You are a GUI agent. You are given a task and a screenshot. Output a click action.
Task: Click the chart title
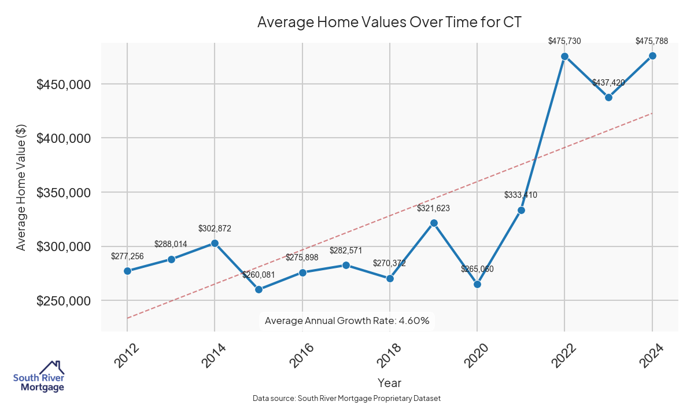pyautogui.click(x=389, y=23)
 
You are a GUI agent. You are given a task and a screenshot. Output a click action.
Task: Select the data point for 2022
pyautogui.click(x=564, y=56)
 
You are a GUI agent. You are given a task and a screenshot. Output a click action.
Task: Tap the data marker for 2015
pyautogui.click(x=259, y=289)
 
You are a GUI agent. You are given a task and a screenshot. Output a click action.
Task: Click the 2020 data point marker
pyautogui.click(x=477, y=284)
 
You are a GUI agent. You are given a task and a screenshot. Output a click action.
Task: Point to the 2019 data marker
pyautogui.click(x=434, y=223)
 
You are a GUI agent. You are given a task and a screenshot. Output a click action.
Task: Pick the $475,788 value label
pyautogui.click(x=652, y=41)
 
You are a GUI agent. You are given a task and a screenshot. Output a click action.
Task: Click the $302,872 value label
pyautogui.click(x=215, y=229)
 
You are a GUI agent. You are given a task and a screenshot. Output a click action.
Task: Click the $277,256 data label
pyautogui.click(x=127, y=256)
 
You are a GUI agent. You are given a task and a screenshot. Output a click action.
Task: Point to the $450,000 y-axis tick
pyautogui.click(x=64, y=84)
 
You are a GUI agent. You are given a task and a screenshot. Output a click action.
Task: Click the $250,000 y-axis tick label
pyautogui.click(x=64, y=301)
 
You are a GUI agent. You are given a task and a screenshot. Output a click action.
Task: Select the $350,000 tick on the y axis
pyautogui.click(x=64, y=193)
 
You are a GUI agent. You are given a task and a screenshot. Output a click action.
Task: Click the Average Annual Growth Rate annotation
pyautogui.click(x=347, y=321)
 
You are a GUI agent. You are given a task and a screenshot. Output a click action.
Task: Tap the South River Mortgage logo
pyautogui.click(x=39, y=376)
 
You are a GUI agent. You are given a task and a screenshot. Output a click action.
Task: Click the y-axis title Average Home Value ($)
pyautogui.click(x=21, y=187)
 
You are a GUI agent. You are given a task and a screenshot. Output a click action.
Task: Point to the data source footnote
pyautogui.click(x=347, y=398)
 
